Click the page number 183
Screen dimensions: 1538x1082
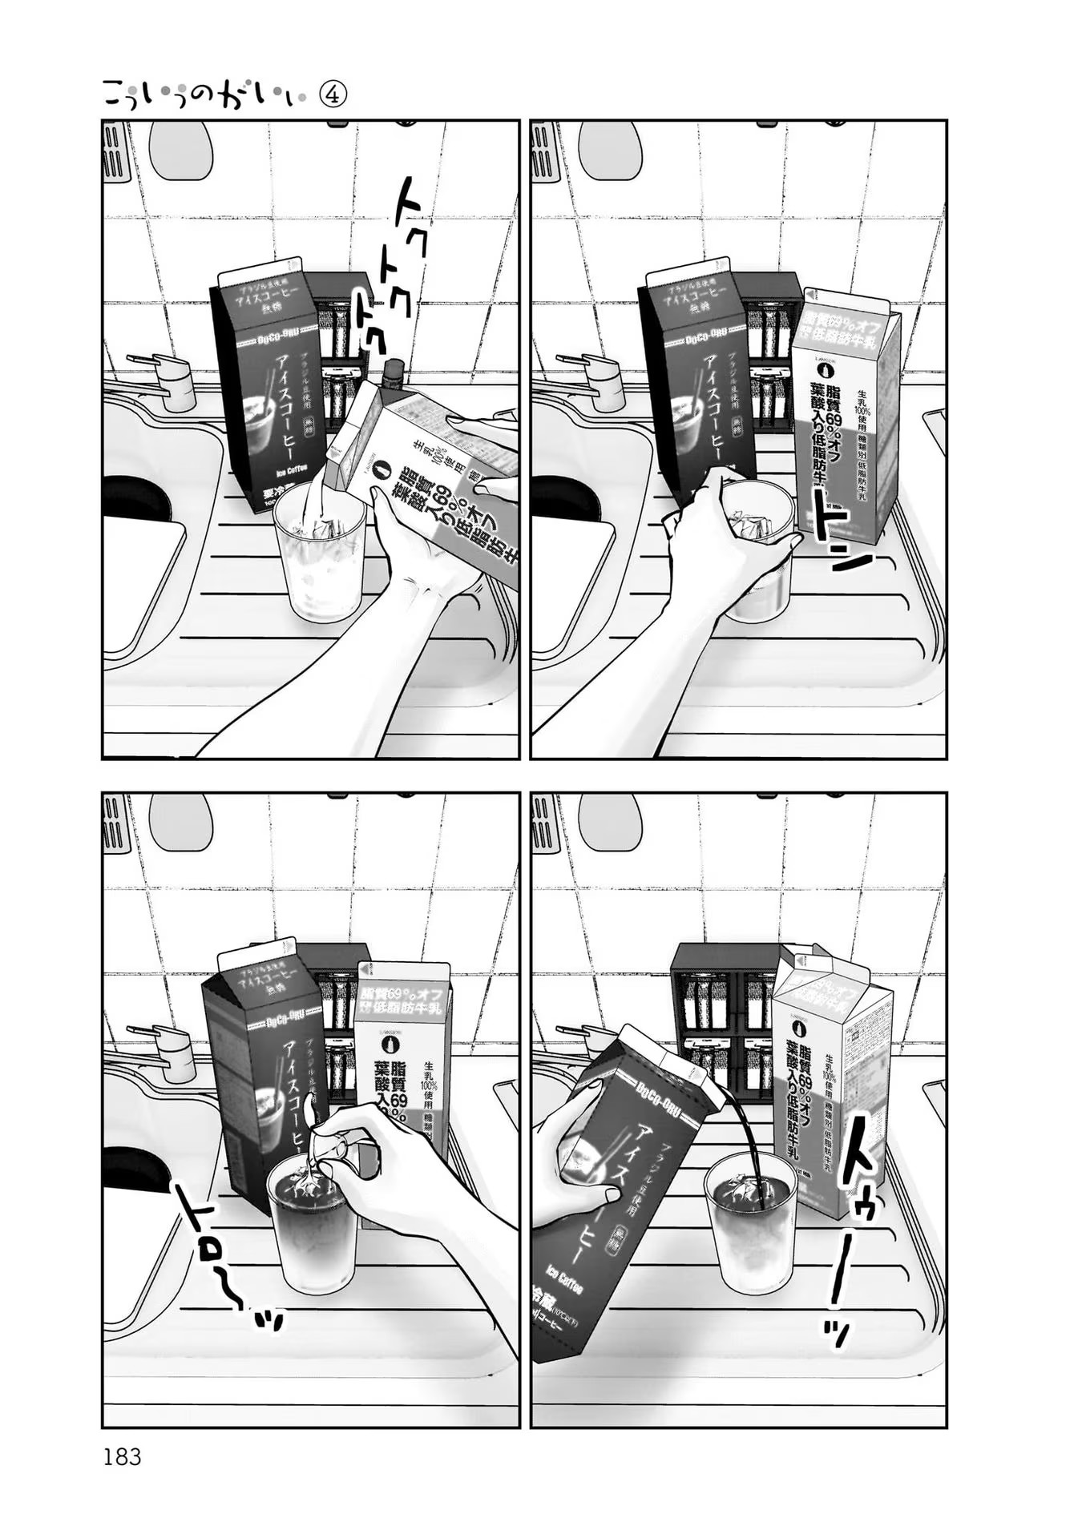(x=122, y=1456)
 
